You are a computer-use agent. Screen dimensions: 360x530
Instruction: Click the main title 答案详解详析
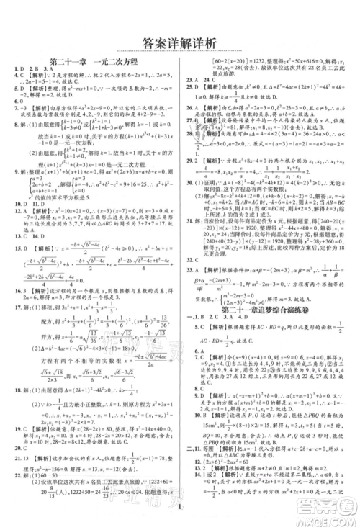[x=180, y=44]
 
